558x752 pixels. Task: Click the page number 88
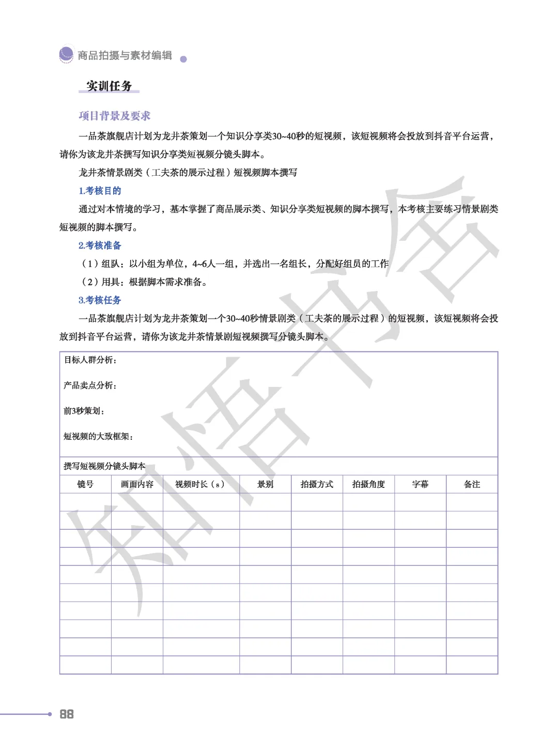pos(67,714)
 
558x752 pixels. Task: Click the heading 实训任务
pos(109,86)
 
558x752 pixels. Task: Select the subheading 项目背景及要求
pos(114,116)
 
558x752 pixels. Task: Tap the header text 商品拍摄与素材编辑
pos(125,55)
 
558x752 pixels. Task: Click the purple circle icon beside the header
pos(66,54)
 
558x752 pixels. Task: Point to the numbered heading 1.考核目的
pos(100,191)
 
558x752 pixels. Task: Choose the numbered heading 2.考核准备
pos(100,245)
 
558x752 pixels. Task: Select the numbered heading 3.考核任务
pos(100,300)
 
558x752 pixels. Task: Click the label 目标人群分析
pos(90,360)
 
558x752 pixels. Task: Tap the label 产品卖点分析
pos(90,385)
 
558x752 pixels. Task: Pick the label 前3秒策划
pos(84,411)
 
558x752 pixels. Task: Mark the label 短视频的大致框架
pos(98,436)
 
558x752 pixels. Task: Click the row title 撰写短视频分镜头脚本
pos(104,466)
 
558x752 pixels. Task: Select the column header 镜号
pos(85,484)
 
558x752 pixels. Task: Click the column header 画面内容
pos(137,484)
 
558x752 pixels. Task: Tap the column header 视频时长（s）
pos(200,484)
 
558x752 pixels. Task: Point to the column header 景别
pos(265,484)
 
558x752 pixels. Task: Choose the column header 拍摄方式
pos(317,484)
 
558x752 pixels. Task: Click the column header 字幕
pos(420,484)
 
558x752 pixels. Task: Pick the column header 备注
pos(472,484)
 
